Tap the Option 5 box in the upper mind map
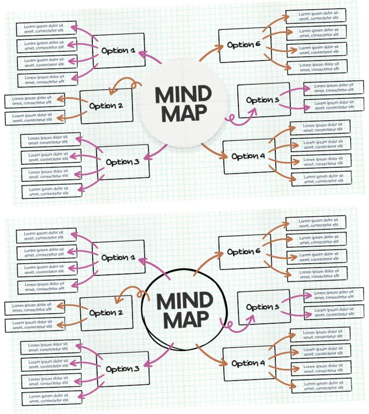263,100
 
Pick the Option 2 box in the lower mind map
106,313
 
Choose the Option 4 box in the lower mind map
248,363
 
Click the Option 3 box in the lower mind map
123,369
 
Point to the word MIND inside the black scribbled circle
184,302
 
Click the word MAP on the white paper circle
184,113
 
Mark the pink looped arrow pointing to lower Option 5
238,323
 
